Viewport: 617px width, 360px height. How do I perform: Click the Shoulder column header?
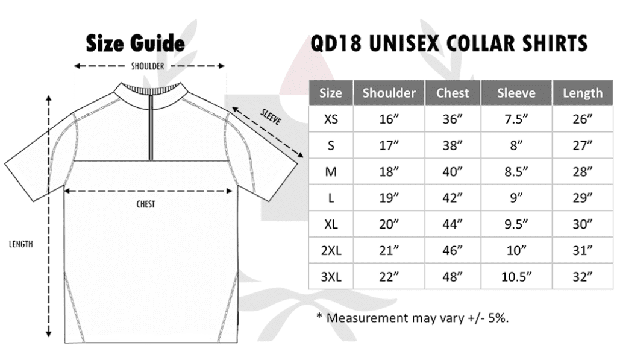coord(389,93)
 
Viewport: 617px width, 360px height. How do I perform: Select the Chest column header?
coord(453,93)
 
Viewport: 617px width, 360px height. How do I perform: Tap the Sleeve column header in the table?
coord(516,93)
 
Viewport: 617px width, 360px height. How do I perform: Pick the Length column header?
coord(583,93)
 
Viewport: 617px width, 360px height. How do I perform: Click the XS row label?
coord(331,119)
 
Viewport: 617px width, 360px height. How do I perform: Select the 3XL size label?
coord(331,277)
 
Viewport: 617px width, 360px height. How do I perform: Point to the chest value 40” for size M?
coord(453,172)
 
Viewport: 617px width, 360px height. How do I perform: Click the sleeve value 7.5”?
coord(516,119)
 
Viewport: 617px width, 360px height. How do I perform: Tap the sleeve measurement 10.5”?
coord(516,277)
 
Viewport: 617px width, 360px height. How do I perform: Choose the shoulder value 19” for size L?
coord(389,198)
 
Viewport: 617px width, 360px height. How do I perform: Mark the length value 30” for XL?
coord(583,224)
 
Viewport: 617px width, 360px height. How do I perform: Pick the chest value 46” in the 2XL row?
coord(453,250)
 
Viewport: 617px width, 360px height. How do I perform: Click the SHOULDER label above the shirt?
coord(148,66)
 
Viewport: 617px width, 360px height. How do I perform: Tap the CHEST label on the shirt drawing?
coord(146,204)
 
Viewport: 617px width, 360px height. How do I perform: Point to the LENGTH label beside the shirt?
coord(21,244)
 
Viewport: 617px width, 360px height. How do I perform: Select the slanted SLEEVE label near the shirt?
coord(271,117)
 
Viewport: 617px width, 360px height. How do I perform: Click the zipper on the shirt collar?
coord(151,127)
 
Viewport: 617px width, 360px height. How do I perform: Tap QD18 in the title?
coord(336,43)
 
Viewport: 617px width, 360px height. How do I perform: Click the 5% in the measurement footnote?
coord(498,317)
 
